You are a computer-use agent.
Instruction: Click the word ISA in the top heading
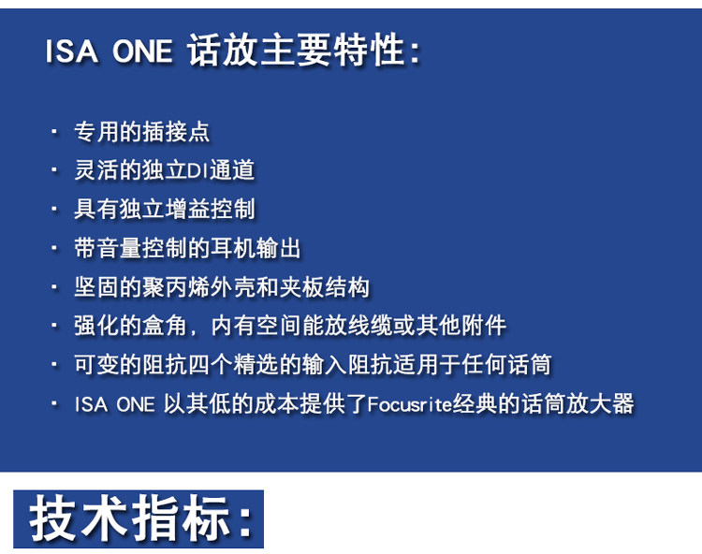(72, 51)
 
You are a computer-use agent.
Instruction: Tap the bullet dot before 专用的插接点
(54, 132)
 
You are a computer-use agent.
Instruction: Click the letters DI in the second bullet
(197, 170)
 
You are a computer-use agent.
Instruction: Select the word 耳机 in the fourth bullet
(233, 248)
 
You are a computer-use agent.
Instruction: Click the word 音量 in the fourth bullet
(119, 248)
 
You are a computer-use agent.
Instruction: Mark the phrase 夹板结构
(324, 287)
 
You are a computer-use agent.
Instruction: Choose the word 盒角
(165, 326)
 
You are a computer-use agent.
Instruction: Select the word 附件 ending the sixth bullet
(484, 326)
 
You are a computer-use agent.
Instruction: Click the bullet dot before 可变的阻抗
(54, 365)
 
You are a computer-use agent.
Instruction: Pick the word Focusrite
(410, 404)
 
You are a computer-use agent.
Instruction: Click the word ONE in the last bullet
(136, 404)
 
